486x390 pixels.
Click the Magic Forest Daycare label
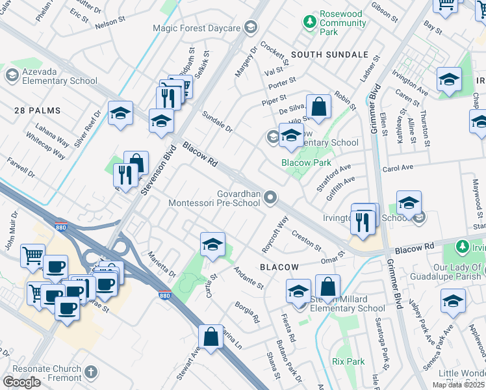pos(196,28)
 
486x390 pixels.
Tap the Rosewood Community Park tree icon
pos(310,22)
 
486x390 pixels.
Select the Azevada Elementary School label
pos(51,76)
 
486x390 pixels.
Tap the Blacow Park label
pos(306,162)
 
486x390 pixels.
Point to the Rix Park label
pos(348,361)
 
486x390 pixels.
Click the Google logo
pos(21,382)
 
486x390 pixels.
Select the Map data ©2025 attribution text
pos(458,385)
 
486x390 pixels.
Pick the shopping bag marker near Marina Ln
pos(211,337)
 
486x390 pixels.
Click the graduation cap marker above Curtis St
pos(212,244)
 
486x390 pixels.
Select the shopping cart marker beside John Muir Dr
pos(33,255)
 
